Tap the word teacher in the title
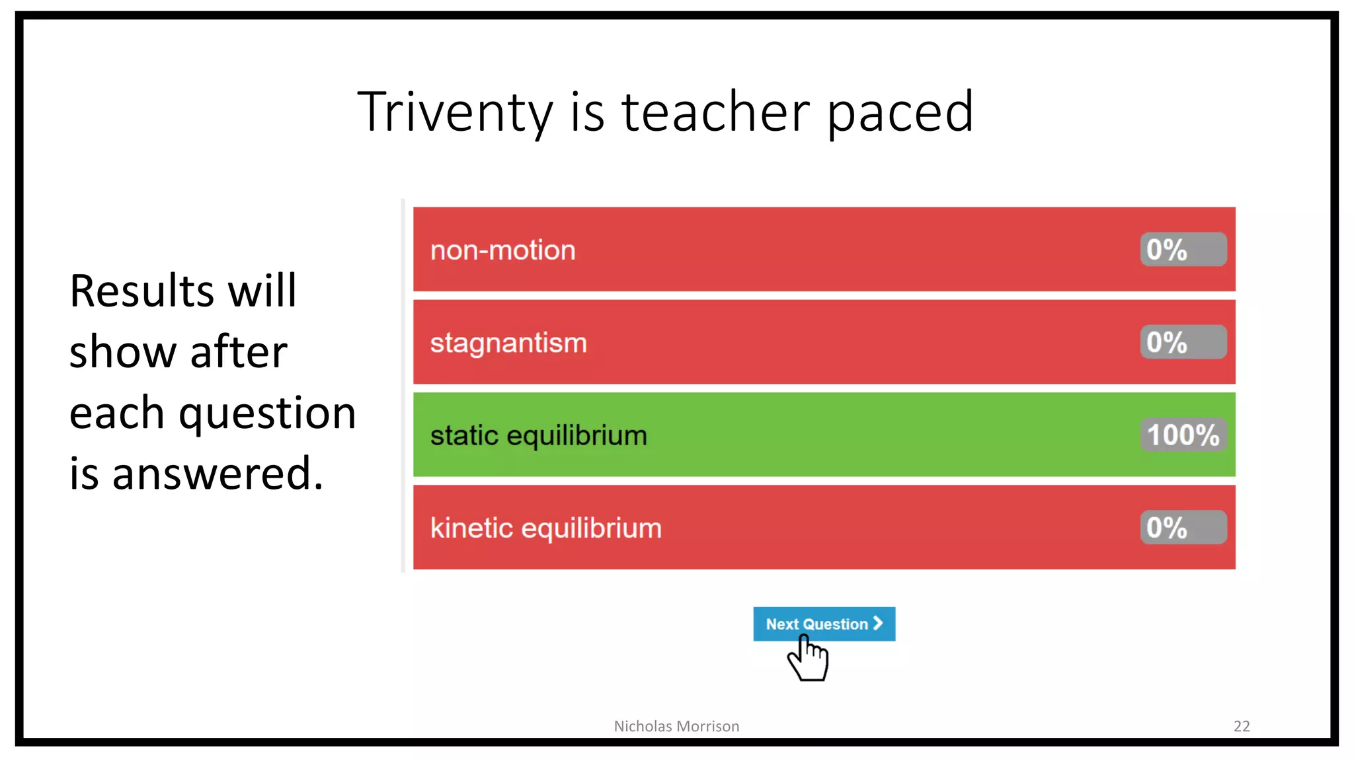pyautogui.click(x=715, y=112)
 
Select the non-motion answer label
pyautogui.click(x=502, y=250)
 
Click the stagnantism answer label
pyautogui.click(x=508, y=343)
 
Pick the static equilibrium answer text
pyautogui.click(x=538, y=435)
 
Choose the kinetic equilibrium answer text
pyautogui.click(x=545, y=528)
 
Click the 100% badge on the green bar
pyautogui.click(x=1183, y=435)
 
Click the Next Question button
pyautogui.click(x=817, y=624)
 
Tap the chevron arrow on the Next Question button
pyautogui.click(x=878, y=623)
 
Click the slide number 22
pyautogui.click(x=1242, y=726)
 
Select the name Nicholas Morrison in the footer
pyautogui.click(x=676, y=726)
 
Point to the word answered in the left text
pyautogui.click(x=218, y=474)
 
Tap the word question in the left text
pyautogui.click(x=267, y=414)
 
